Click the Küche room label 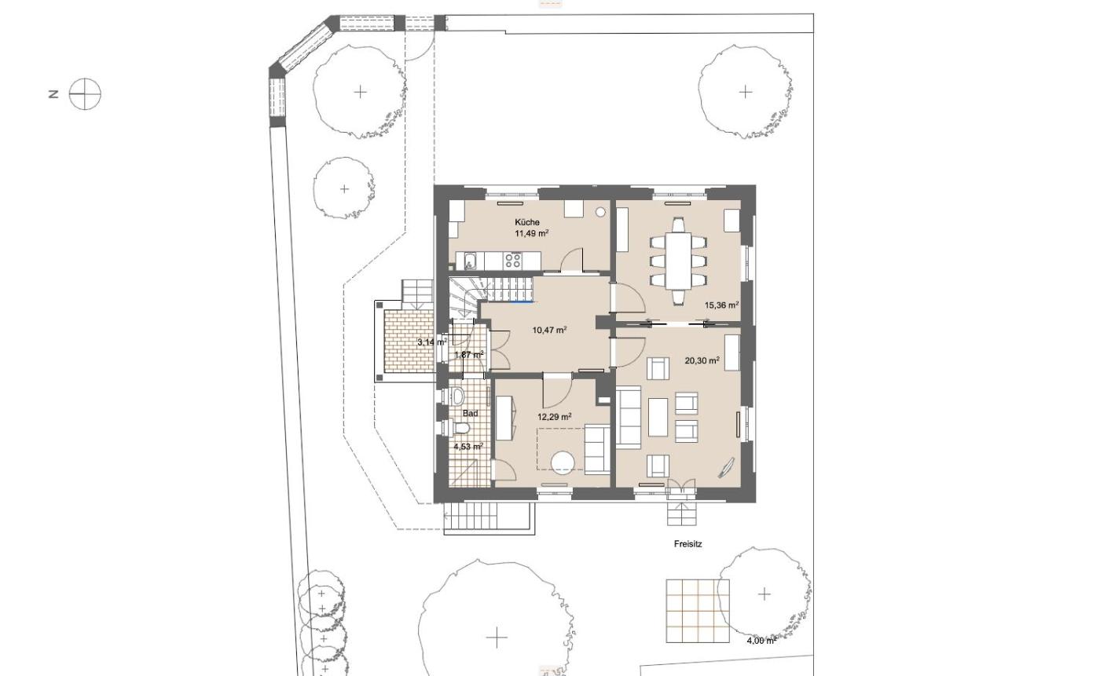pos(527,222)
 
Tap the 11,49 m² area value pos(531,233)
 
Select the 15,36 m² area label pos(722,305)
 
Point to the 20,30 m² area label pos(702,360)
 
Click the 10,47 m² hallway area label pos(549,331)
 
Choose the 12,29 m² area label pos(555,417)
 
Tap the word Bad pos(470,414)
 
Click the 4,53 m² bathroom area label pos(468,447)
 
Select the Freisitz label pos(688,544)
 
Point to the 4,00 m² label pos(761,640)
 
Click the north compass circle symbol pos(85,93)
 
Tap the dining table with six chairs pos(678,261)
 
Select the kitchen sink pos(471,261)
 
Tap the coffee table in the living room pos(658,417)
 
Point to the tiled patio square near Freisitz pos(698,611)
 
